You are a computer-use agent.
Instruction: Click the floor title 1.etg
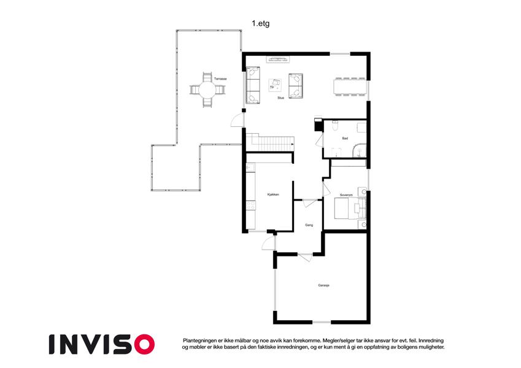point(260,23)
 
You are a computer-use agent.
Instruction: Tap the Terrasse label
point(220,79)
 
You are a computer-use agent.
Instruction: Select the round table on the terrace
point(207,90)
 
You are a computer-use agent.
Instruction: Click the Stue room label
point(281,98)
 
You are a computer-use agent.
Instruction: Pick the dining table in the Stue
point(350,86)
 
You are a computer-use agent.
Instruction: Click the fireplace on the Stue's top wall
point(278,59)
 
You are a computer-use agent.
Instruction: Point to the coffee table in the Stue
point(275,85)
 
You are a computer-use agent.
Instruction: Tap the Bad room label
point(345,138)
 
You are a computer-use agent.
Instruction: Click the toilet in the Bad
point(335,126)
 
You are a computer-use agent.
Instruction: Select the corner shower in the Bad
point(359,150)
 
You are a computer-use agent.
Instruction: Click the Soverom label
point(346,195)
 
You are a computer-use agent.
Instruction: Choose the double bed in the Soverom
point(350,209)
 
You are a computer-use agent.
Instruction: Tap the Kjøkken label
point(273,194)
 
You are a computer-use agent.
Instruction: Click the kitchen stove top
point(251,205)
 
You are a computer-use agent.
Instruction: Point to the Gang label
point(309,225)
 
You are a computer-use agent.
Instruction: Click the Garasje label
point(323,285)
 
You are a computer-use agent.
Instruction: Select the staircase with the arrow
point(270,142)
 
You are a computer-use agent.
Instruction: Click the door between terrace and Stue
point(237,120)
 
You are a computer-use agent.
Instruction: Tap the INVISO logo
point(102,344)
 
